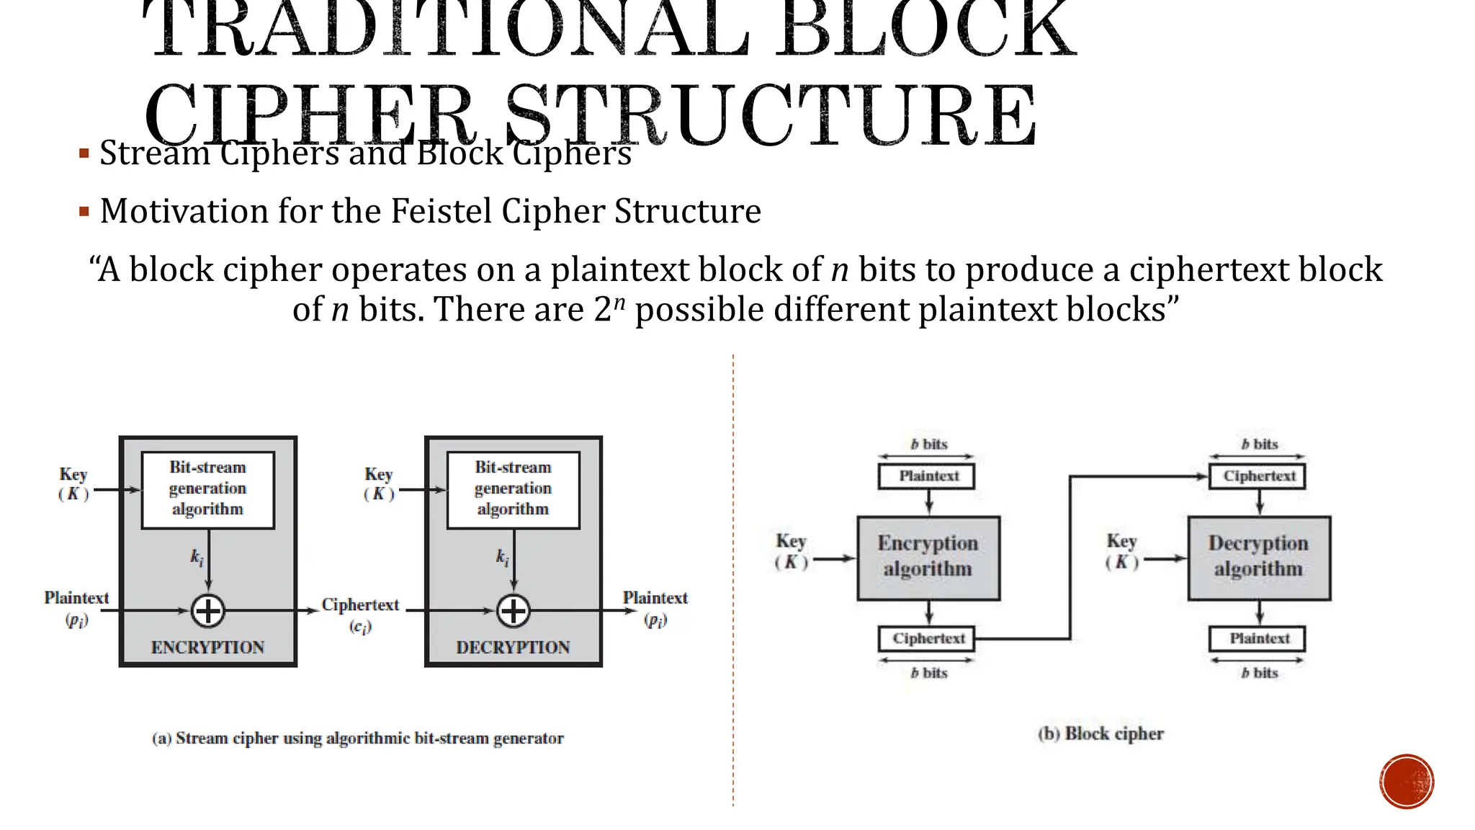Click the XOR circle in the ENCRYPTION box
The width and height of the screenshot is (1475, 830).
(x=208, y=611)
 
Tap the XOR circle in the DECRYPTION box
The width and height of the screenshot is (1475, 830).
(x=514, y=611)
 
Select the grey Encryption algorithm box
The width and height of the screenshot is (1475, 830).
(x=928, y=558)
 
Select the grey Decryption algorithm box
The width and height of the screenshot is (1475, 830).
(x=1259, y=558)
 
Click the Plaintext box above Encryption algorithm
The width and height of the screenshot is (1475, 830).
(x=928, y=476)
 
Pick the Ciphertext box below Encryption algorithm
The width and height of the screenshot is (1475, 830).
(x=928, y=638)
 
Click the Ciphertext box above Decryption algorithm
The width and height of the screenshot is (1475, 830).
(x=1258, y=476)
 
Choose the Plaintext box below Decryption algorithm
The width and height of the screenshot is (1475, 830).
(x=1258, y=638)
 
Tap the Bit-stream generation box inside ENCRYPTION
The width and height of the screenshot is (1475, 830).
(x=208, y=489)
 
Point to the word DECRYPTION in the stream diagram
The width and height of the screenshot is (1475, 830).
(x=513, y=647)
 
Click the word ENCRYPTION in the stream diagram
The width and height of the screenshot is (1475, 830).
(x=207, y=647)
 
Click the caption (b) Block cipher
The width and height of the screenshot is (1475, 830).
(x=1100, y=733)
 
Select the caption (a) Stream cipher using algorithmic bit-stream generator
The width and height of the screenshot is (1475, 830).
(x=358, y=738)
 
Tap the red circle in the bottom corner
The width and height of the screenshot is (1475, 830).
(x=1407, y=782)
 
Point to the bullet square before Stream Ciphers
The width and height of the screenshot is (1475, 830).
(x=84, y=153)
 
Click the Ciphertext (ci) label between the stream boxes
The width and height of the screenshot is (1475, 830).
(x=360, y=615)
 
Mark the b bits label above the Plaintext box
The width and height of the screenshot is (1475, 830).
(x=928, y=444)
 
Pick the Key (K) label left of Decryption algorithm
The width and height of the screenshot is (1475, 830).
(x=1121, y=551)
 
